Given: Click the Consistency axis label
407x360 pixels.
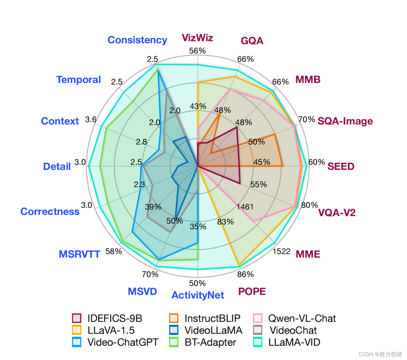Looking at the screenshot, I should coord(137,40).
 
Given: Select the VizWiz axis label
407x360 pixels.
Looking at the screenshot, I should coord(197,38).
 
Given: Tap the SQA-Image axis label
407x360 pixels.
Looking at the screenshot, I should coord(345,121).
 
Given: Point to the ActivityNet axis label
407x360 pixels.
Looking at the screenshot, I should coord(198,295).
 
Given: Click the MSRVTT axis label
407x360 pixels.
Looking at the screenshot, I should coord(79,254).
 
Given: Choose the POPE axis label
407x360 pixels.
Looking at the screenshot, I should coord(252,291).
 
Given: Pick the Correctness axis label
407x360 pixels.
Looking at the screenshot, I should coord(50,212).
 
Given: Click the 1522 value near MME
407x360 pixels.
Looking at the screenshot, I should coord(281,252).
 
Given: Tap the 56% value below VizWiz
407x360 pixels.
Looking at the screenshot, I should coord(197,51).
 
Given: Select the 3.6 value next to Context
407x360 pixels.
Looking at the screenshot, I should coord(91,119).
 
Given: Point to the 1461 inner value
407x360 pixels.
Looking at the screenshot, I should coord(245,207).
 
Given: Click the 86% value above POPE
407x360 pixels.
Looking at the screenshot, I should coord(245,274).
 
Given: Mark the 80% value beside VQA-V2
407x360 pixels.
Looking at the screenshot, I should coord(309,205).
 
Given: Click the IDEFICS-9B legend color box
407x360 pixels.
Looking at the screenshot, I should coord(77,318).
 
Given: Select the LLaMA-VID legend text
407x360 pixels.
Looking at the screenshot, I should coord(294,342).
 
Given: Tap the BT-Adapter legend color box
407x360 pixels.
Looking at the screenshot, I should coord(174,342).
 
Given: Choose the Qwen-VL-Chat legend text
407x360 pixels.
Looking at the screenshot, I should coord(302,318).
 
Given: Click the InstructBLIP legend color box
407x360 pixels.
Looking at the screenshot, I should coord(174,318).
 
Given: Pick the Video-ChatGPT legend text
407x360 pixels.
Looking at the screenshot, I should coord(123,342).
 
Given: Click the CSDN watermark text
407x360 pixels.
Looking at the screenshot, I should coord(380,354).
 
